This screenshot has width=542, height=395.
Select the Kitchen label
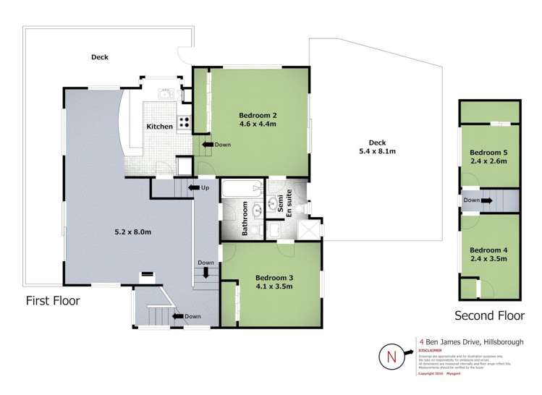pos(160,127)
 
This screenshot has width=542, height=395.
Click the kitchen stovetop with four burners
pos(184,122)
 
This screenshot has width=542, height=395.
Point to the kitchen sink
pos(165,93)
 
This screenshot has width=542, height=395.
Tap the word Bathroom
pos(245,219)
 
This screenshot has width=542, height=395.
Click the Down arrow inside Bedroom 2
pos(215,145)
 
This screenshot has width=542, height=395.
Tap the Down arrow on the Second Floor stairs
pos(475,200)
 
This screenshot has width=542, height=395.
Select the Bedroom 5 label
pos(489,153)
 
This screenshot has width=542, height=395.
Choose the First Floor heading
pos(53,300)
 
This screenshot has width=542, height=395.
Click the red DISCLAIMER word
pos(431,349)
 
